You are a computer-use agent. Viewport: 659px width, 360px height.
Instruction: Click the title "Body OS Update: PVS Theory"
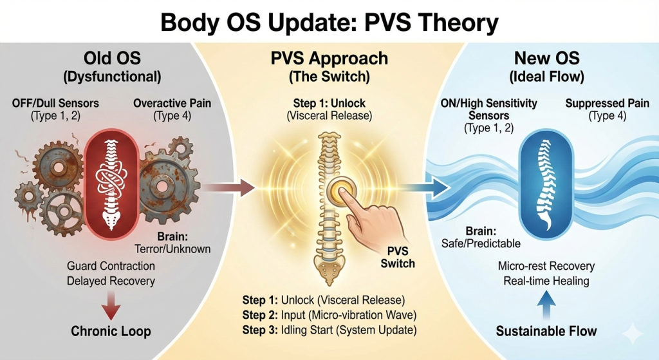(x=329, y=23)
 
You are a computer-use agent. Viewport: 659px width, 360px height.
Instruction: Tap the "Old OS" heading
(x=112, y=58)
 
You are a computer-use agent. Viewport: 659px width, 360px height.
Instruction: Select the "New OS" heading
(x=547, y=58)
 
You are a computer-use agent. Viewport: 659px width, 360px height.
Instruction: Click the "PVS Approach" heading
(x=329, y=59)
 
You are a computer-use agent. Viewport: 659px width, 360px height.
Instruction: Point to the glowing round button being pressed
(x=341, y=191)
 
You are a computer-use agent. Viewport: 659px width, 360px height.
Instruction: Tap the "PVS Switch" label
(x=398, y=258)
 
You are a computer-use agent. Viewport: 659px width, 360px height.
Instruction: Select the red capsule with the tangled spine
(x=111, y=184)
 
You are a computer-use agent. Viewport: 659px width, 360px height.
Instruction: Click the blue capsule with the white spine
(x=546, y=185)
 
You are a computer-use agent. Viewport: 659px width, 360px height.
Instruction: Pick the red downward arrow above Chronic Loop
(x=111, y=306)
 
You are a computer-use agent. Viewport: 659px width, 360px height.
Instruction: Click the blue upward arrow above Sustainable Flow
(x=546, y=305)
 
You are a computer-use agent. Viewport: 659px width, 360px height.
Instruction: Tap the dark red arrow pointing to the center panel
(x=229, y=187)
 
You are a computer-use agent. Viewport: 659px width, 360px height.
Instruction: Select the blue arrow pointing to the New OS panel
(x=427, y=187)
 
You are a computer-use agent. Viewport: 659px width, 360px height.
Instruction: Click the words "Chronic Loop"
(x=111, y=332)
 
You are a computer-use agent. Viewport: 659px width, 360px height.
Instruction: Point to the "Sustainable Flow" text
(x=546, y=331)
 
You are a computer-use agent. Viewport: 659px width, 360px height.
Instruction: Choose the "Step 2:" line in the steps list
(x=329, y=315)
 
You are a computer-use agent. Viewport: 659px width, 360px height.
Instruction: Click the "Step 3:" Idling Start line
(x=329, y=330)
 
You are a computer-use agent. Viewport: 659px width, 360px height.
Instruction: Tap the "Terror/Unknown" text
(x=172, y=249)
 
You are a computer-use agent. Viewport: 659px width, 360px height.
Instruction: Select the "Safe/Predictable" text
(x=481, y=243)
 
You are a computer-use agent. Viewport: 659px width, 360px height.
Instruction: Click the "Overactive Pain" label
(x=172, y=103)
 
